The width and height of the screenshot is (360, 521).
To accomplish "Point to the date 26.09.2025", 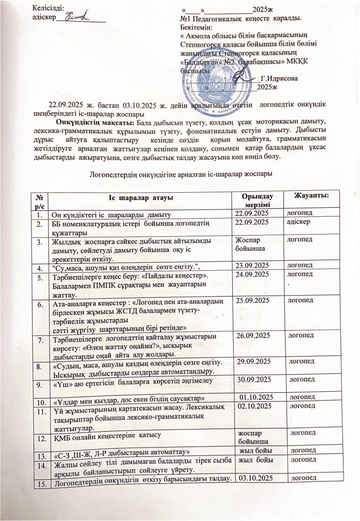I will (x=254, y=336).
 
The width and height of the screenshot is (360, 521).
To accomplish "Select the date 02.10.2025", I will (x=256, y=408).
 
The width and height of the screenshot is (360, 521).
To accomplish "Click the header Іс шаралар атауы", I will (x=138, y=199).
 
